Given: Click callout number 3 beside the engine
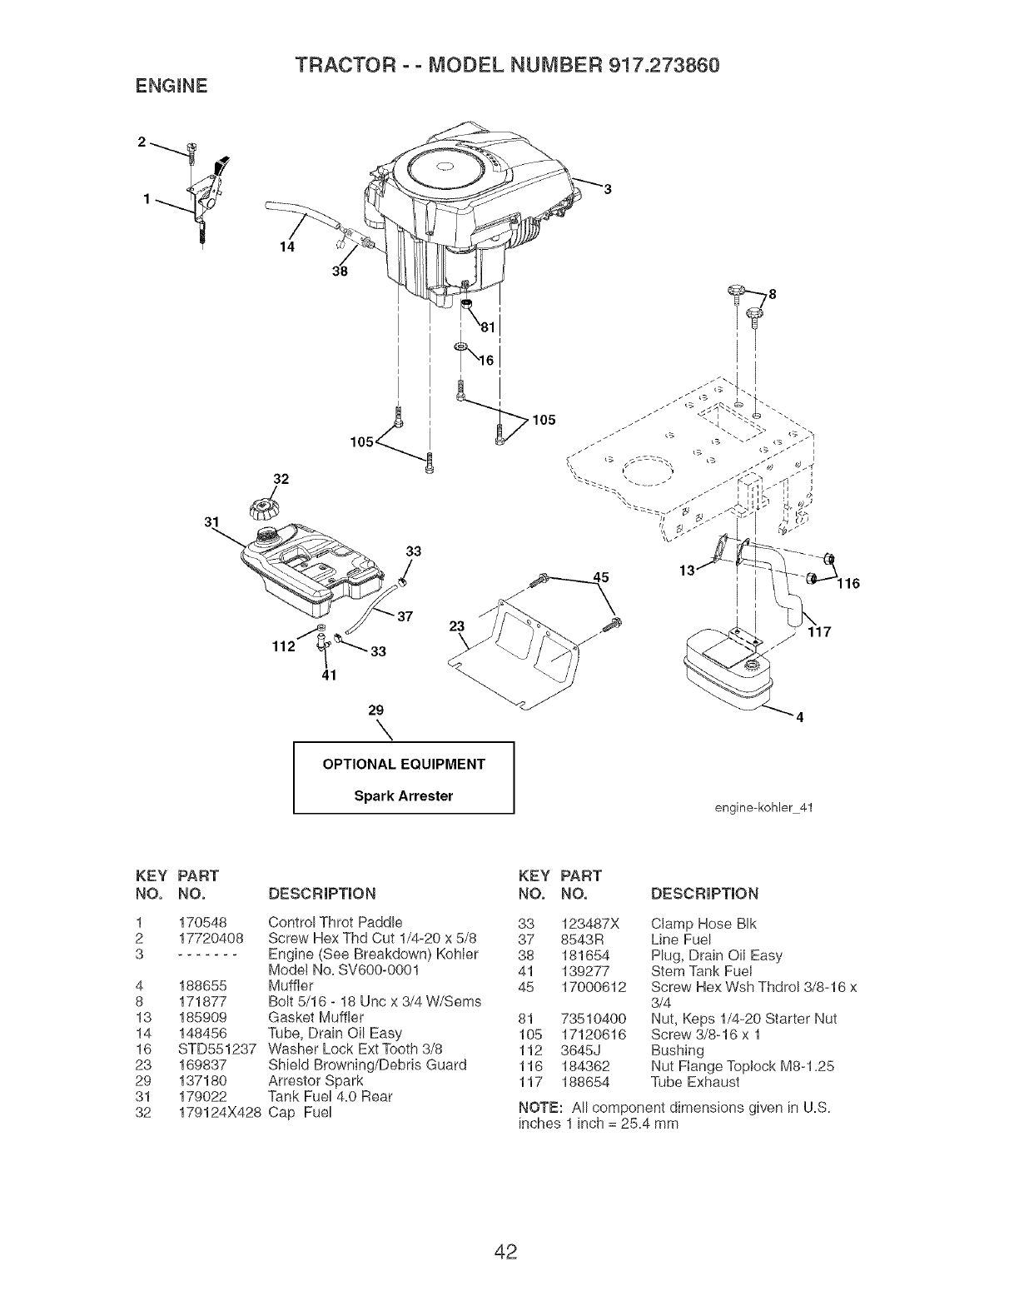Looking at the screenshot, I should click(608, 189).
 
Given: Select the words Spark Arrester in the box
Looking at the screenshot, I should click(404, 795).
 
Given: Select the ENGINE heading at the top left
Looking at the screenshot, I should click(165, 85).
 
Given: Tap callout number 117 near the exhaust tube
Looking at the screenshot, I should click(820, 631).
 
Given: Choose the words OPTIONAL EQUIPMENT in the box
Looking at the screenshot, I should click(404, 764).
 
